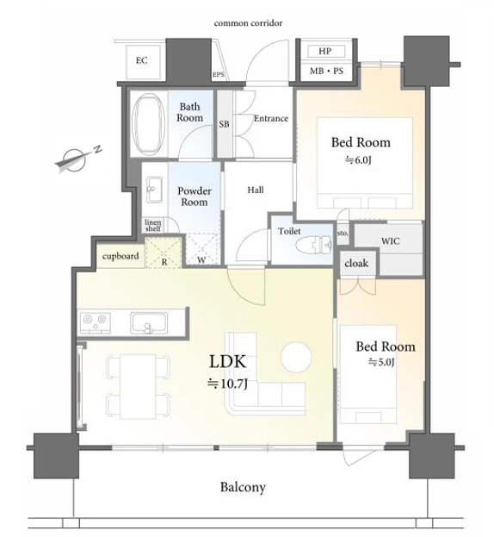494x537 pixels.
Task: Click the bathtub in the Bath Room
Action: coord(148,124)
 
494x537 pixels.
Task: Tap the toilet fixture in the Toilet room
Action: coord(314,245)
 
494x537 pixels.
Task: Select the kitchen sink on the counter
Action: coord(149,322)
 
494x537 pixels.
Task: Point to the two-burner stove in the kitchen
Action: coord(95,322)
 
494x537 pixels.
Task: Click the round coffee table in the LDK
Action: coord(296,357)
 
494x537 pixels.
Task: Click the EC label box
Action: coord(141,60)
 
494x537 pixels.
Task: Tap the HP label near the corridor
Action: coord(325,52)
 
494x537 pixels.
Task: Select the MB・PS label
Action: coord(326,71)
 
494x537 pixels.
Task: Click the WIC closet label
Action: coord(391,240)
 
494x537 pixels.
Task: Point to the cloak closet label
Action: coord(356,263)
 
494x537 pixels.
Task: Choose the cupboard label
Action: coord(120,256)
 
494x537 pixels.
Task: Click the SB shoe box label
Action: coord(225,123)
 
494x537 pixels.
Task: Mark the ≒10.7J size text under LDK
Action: coord(227,384)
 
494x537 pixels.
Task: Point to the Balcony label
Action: coord(243,487)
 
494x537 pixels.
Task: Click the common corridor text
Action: coord(248,23)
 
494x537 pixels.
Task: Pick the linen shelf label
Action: coord(153,225)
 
